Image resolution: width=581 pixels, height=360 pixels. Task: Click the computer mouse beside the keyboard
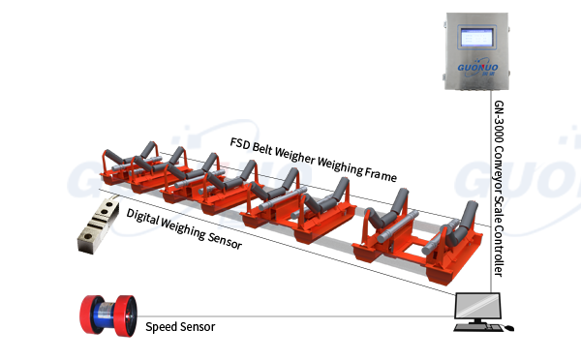click(509, 329)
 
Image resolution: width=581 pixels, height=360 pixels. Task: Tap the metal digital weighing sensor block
click(97, 225)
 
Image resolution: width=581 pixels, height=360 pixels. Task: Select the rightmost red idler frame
click(452, 254)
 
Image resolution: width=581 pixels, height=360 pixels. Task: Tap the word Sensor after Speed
click(198, 327)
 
